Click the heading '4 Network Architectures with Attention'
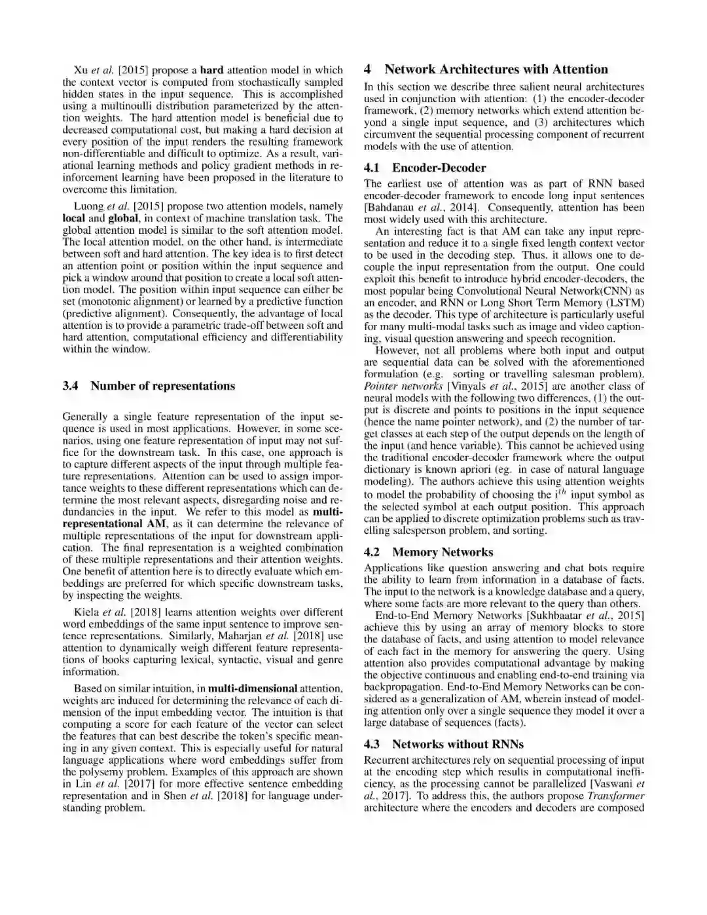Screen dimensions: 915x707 coord(486,69)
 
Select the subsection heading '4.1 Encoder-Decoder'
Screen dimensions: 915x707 coord(425,168)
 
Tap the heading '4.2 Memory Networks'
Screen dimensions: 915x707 coord(428,552)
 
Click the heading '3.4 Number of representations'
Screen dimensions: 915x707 coord(149,386)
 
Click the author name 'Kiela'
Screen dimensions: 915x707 coord(86,612)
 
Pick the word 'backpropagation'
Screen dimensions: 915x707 coord(403,687)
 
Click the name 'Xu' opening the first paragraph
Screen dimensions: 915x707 coord(81,70)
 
